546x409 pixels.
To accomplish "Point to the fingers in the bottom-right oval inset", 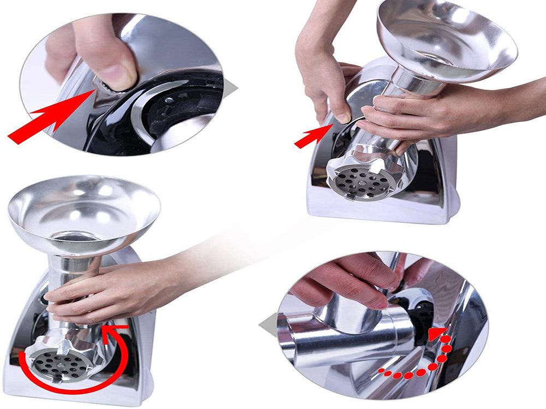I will coord(349,278).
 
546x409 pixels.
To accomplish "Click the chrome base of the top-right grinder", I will coord(382,210).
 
